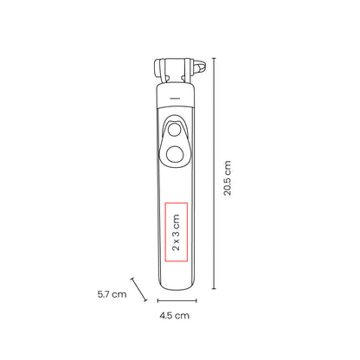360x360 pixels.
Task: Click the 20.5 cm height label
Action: pyautogui.click(x=228, y=178)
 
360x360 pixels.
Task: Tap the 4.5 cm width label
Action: pyautogui.click(x=175, y=315)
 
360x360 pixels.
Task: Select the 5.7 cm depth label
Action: pyautogui.click(x=112, y=294)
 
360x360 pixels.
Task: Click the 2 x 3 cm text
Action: pyautogui.click(x=176, y=232)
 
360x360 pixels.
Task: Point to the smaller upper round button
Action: pyautogui.click(x=174, y=130)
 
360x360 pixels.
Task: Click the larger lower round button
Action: pyautogui.click(x=175, y=153)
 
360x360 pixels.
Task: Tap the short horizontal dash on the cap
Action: pyautogui.click(x=175, y=99)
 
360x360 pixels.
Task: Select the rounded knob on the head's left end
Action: pyautogui.click(x=157, y=68)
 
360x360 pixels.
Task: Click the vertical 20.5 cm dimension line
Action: pyautogui.click(x=214, y=173)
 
